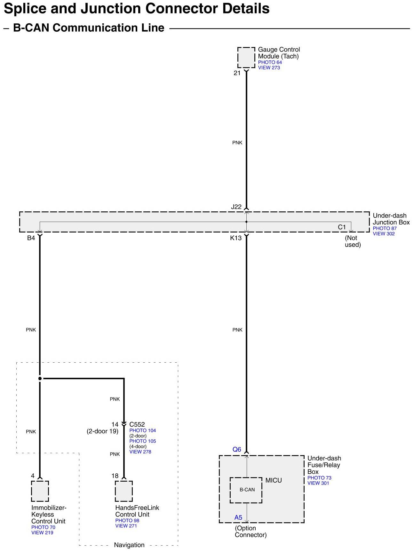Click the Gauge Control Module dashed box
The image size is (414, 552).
246,58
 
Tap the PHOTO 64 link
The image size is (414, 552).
270,62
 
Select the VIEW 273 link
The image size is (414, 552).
269,68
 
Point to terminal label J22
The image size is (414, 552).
236,207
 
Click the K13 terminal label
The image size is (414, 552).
236,238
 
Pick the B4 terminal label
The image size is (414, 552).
31,238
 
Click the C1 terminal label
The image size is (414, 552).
342,227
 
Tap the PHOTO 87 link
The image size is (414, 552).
384,228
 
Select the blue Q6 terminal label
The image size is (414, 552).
236,449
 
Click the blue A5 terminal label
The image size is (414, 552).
238,517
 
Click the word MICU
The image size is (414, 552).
274,480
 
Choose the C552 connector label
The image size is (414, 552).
137,424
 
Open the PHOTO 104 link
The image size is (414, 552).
142,430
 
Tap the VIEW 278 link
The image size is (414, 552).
140,452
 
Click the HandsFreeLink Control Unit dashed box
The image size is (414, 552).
123,491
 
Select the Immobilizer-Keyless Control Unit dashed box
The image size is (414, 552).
40,491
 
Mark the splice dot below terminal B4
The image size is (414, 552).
40,379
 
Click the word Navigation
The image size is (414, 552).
129,545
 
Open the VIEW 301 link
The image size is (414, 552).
318,483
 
